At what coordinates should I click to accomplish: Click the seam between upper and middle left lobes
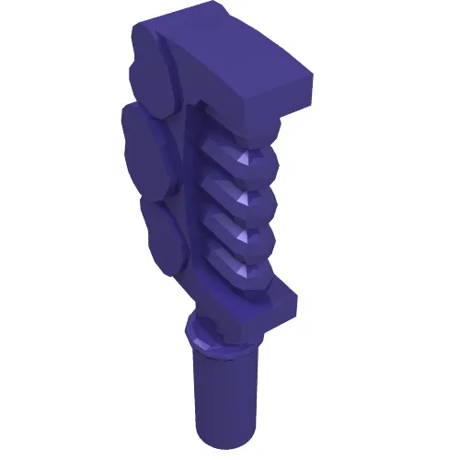tap(147, 110)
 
